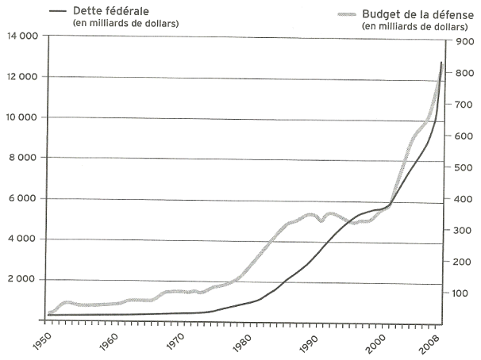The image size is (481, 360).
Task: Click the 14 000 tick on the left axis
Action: pyautogui.click(x=21, y=36)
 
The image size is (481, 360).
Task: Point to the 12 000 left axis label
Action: pyautogui.click(x=21, y=77)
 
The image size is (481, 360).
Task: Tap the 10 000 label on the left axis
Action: pyautogui.click(x=21, y=117)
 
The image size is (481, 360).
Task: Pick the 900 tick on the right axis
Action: pyautogui.click(x=462, y=41)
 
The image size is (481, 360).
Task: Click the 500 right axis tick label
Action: pyautogui.click(x=462, y=167)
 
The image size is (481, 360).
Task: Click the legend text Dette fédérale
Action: pyautogui.click(x=117, y=10)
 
